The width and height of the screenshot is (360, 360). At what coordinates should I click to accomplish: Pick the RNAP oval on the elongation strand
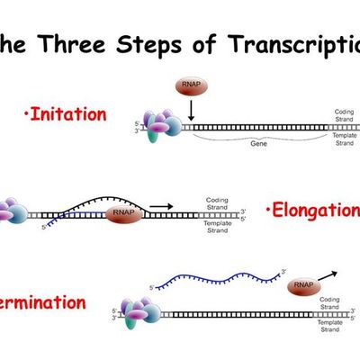[123, 215]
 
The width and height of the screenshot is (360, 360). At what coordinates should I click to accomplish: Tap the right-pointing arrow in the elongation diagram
[162, 206]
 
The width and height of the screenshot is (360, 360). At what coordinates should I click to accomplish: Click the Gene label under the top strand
[260, 143]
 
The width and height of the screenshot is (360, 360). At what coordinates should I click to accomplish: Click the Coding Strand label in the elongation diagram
[218, 203]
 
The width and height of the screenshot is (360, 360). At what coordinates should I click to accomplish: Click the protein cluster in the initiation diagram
[158, 127]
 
